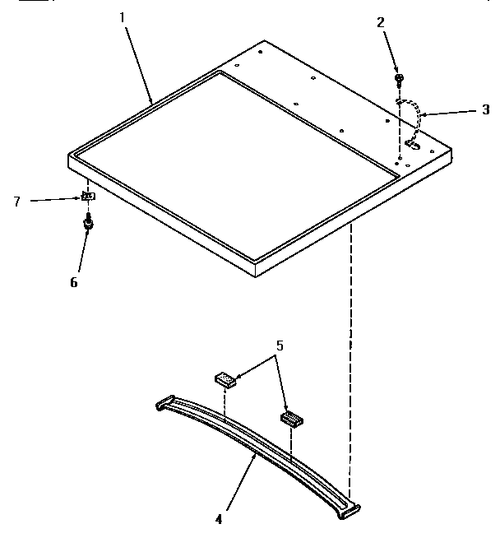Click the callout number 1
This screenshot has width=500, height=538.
[x=126, y=16]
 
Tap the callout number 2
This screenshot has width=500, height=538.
[x=380, y=22]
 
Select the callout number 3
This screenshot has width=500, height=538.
[x=486, y=109]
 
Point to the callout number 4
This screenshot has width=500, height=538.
[x=218, y=519]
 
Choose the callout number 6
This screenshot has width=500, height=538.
[x=75, y=281]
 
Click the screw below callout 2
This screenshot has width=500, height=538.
[x=400, y=79]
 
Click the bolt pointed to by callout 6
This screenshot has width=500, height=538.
[x=86, y=222]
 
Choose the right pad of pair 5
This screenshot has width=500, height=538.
[x=292, y=419]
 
